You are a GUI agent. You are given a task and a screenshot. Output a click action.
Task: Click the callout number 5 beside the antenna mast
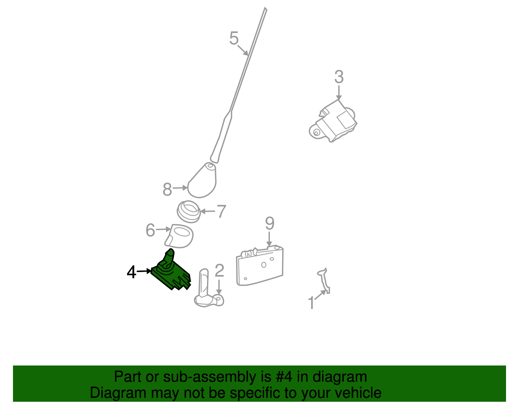pos(234,38)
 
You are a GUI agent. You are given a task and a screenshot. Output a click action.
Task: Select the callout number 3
pos(339,77)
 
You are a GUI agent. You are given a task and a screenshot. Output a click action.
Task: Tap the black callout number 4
pos(131,272)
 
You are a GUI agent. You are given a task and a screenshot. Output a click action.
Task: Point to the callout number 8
pos(167,189)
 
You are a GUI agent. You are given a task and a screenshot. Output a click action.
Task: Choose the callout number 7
pos(222,211)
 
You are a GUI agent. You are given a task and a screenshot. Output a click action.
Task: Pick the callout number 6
pos(150,230)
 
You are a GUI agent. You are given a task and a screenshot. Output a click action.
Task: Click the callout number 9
pos(270,223)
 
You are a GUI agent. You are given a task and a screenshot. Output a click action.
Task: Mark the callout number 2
pos(219,270)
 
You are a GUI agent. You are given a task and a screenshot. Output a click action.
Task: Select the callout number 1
pos(311,303)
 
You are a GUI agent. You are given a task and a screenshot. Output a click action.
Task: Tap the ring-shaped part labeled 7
pos(189,212)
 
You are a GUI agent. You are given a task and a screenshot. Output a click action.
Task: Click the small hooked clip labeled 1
pos(324,281)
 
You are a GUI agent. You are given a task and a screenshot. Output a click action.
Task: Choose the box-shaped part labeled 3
pos(333,121)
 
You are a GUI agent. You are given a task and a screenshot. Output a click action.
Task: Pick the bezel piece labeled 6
pos(179,236)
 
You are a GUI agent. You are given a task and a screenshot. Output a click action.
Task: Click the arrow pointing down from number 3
pos(339,93)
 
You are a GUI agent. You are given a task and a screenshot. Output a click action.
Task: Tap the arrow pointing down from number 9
pos(269,239)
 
